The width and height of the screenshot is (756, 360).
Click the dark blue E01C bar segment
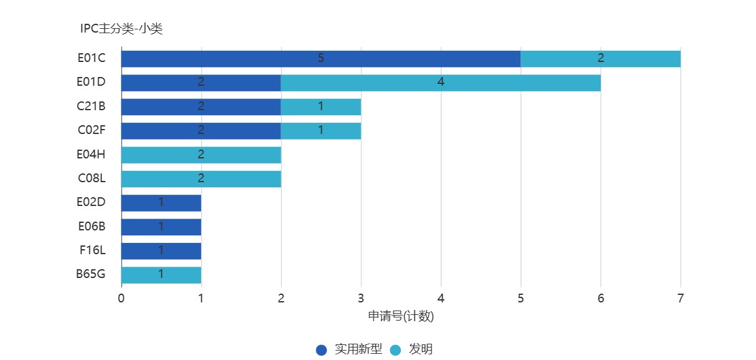(x=321, y=59)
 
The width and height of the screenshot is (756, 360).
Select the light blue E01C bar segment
(x=600, y=59)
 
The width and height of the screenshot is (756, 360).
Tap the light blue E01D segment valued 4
(x=440, y=83)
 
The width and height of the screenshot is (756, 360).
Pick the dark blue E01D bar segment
(x=200, y=83)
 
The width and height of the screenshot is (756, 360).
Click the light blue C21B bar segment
(x=321, y=106)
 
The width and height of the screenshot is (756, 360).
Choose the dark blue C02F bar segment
(x=200, y=131)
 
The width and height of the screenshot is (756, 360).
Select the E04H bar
(x=200, y=155)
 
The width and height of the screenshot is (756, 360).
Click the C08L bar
(x=200, y=178)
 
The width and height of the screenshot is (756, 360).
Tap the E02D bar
(x=161, y=203)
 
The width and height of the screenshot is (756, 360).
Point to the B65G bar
(x=161, y=274)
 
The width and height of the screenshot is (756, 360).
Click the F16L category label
(x=92, y=250)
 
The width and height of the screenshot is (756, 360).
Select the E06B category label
(x=91, y=227)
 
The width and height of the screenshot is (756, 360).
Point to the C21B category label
(x=91, y=106)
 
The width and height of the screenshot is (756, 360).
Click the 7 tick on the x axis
(x=680, y=298)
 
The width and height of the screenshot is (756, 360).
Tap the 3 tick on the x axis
(x=361, y=298)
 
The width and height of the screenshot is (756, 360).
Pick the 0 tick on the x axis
(x=122, y=298)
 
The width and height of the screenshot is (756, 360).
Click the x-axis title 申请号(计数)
(x=401, y=316)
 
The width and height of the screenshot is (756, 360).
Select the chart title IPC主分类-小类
(x=121, y=28)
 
